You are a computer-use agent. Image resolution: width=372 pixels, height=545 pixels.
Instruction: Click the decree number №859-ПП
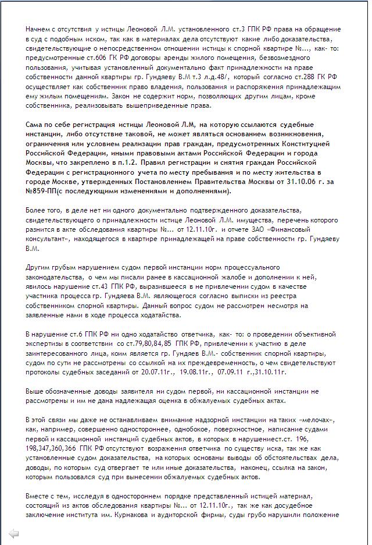point(44,192)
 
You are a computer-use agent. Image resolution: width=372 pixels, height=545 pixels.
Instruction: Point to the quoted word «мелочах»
point(316,420)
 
